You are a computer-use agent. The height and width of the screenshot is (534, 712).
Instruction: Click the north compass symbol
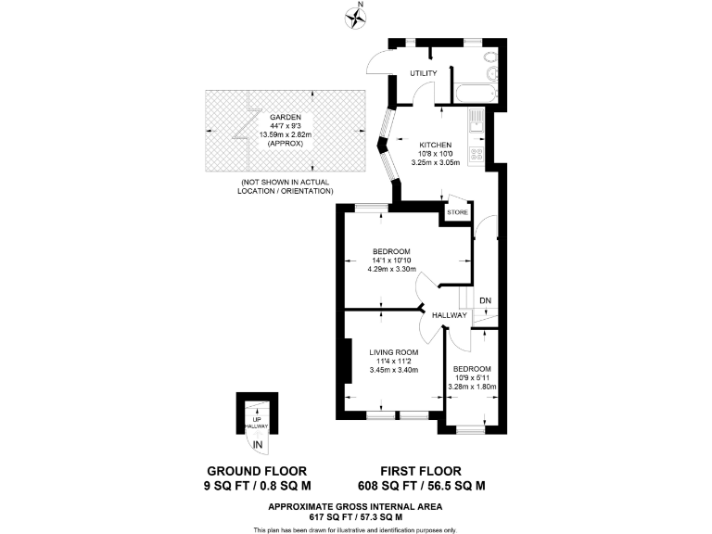(x=353, y=15)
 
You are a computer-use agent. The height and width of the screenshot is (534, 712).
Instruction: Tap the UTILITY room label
(x=412, y=73)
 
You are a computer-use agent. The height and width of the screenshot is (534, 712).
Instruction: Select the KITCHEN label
(x=435, y=145)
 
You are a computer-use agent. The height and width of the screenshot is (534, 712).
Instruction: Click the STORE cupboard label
(x=457, y=213)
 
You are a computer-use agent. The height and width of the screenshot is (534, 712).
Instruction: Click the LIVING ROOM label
(x=393, y=352)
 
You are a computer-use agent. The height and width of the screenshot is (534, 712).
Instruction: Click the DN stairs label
(x=485, y=299)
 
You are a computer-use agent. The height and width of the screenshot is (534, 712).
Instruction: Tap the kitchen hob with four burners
(x=477, y=156)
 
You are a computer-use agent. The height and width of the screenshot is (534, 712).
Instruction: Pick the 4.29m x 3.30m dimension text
(x=393, y=269)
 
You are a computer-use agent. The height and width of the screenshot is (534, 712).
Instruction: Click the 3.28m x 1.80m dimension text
(x=472, y=387)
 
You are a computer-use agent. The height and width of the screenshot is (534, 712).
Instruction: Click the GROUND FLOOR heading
(x=257, y=470)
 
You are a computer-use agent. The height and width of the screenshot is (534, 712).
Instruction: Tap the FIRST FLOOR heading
(x=422, y=470)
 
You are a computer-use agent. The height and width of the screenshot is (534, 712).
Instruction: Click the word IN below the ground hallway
(x=258, y=447)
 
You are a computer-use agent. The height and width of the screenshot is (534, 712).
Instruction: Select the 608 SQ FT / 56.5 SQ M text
(x=422, y=486)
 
